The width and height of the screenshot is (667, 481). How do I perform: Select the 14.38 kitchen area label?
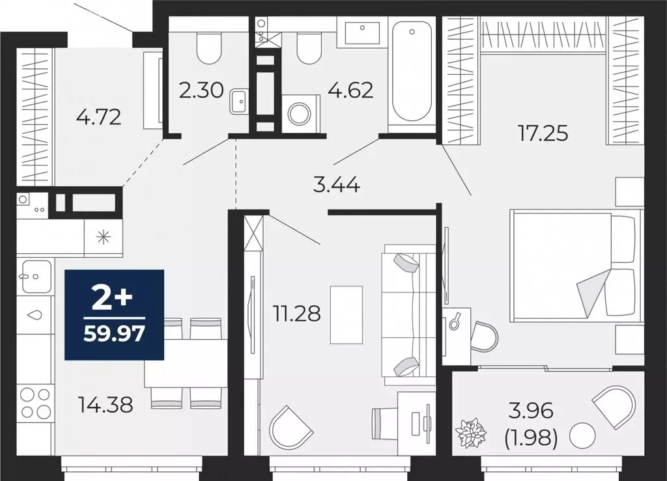pyautogui.click(x=104, y=405)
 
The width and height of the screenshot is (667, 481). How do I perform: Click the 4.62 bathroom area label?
pyautogui.click(x=350, y=89)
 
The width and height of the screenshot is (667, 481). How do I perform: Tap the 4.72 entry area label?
pyautogui.click(x=99, y=118)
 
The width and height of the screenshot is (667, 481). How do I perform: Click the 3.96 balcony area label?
pyautogui.click(x=531, y=411)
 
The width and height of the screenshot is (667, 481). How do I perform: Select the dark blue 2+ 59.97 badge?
pyautogui.click(x=114, y=315)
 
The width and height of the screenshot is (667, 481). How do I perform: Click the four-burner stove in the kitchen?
pyautogui.click(x=35, y=403)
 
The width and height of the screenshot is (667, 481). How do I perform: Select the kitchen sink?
pyautogui.click(x=36, y=276)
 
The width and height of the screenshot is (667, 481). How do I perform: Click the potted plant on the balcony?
pyautogui.click(x=471, y=433)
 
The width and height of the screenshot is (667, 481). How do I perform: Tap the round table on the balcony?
pyautogui.click(x=583, y=435)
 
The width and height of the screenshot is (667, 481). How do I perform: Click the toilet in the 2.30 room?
pyautogui.click(x=208, y=47)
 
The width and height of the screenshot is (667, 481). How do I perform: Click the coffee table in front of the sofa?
pyautogui.click(x=346, y=314)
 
